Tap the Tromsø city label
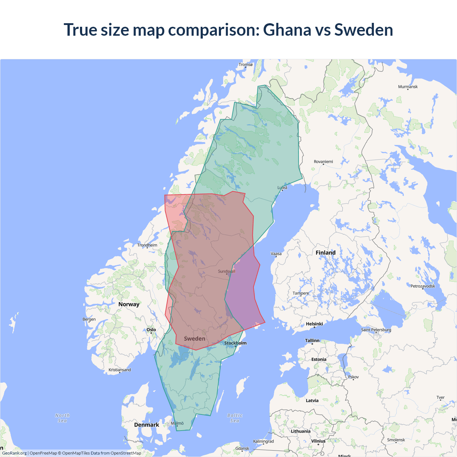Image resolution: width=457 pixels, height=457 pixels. point(246,65)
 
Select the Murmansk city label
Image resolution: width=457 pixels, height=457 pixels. point(408,87)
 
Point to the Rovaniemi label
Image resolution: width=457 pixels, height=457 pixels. point(323,162)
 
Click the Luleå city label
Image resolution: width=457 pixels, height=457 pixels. point(282,187)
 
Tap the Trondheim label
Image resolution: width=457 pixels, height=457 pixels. point(147,245)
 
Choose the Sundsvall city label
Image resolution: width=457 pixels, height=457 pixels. point(227,271)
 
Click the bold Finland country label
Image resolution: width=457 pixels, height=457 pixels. point(325,253)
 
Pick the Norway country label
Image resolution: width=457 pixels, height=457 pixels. point(129,305)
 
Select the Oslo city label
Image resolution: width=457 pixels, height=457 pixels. point(151,330)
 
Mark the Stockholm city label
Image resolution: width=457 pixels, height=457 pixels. point(235,343)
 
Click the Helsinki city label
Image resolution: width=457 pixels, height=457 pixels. point(314,324)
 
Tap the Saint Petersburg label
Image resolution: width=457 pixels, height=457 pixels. point(376,330)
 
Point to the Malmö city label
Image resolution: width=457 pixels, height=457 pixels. point(177,423)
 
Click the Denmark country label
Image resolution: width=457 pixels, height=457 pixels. point(146,425)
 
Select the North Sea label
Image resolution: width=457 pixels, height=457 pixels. point(62,418)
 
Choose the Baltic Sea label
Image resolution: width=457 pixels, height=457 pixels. point(235,418)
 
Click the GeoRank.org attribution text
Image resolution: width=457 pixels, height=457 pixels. point(14,453)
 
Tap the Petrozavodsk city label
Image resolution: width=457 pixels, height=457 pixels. point(423,286)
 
